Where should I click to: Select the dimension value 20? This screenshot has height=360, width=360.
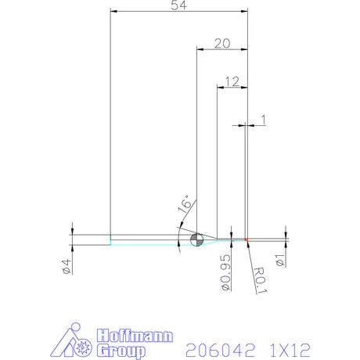221,44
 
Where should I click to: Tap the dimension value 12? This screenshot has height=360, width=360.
231,81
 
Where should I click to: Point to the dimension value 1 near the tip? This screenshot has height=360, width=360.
263,119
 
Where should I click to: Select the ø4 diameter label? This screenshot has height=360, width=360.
67,267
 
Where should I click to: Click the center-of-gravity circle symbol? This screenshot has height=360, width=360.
196,239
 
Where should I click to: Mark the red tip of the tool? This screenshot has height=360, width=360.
246,239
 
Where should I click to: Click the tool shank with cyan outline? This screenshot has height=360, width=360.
141,239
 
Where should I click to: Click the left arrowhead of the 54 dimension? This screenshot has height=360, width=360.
113,12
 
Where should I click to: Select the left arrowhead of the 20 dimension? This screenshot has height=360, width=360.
198,49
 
